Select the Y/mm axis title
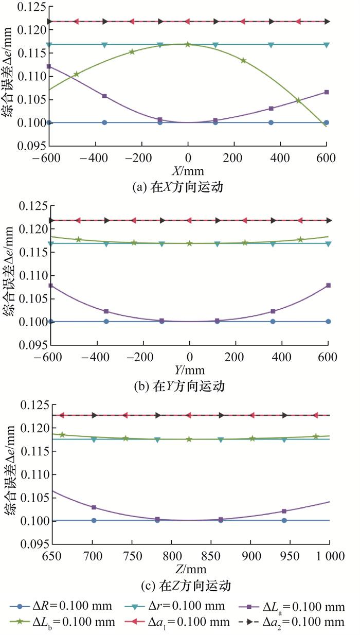189,369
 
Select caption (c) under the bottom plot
189,585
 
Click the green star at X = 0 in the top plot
188,44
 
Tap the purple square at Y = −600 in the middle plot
50,285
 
